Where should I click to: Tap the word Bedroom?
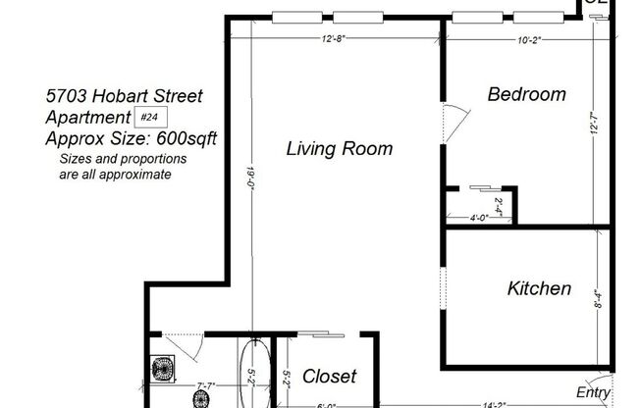[x=527, y=95]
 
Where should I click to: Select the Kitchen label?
[x=539, y=288]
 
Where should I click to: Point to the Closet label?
[x=329, y=376]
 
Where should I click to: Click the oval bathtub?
[x=254, y=373]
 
